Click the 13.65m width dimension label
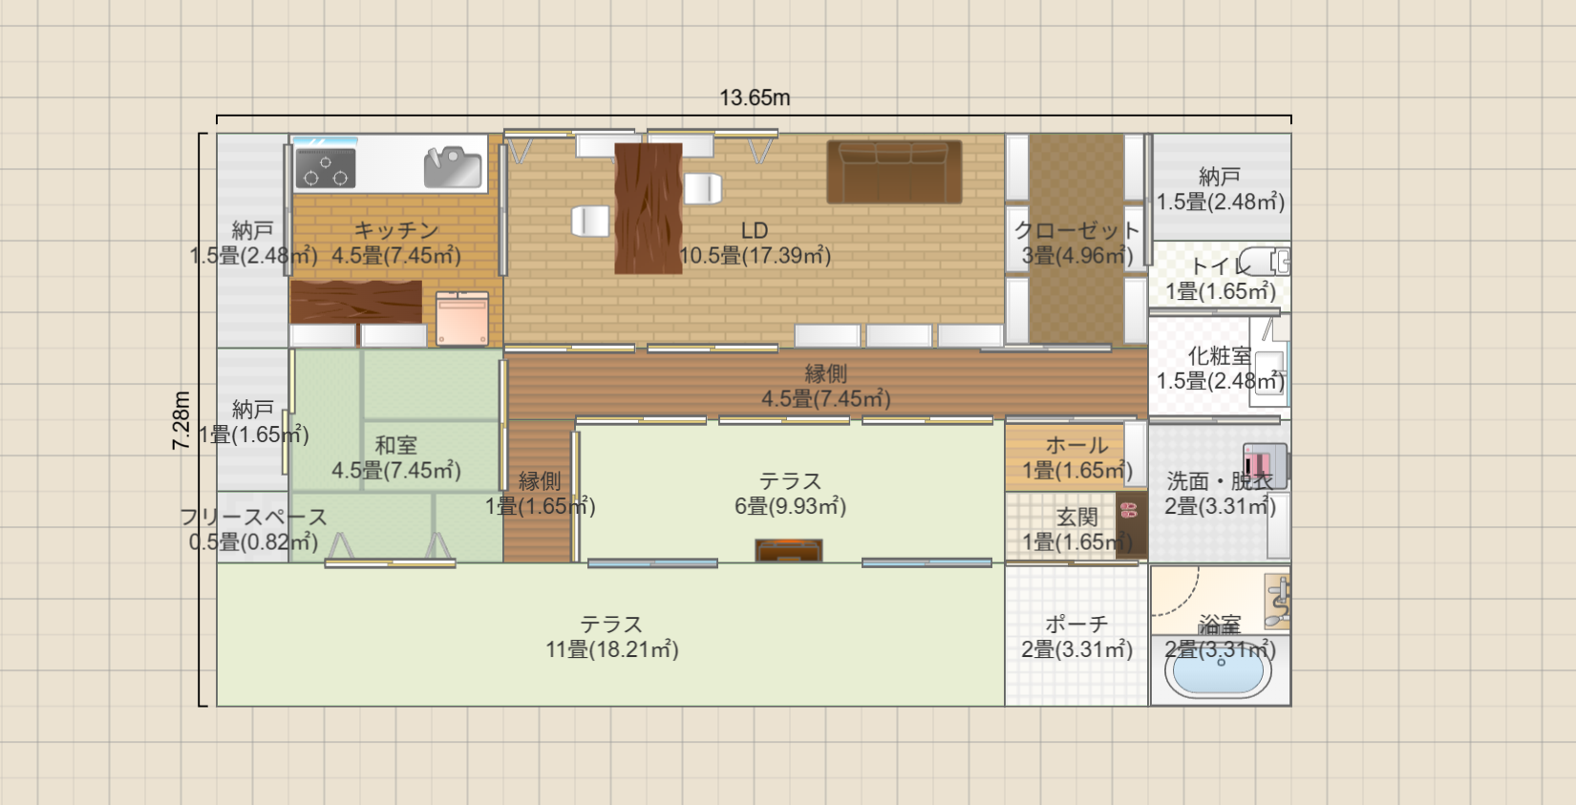point(755,97)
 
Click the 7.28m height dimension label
point(181,420)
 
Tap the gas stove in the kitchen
point(325,168)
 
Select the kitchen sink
point(453,167)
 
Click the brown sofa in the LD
point(894,172)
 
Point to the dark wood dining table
point(648,208)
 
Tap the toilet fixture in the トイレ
point(1264,262)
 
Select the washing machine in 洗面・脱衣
point(1265,465)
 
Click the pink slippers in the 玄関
point(1129,509)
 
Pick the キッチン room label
point(396,230)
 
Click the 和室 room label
point(396,445)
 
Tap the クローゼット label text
point(1077,230)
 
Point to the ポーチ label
point(1077,625)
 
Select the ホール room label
point(1077,445)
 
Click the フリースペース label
point(253,518)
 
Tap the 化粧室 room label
point(1220,355)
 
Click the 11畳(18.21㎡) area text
point(612,648)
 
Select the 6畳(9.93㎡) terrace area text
point(790,506)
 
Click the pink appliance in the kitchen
point(462,318)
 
